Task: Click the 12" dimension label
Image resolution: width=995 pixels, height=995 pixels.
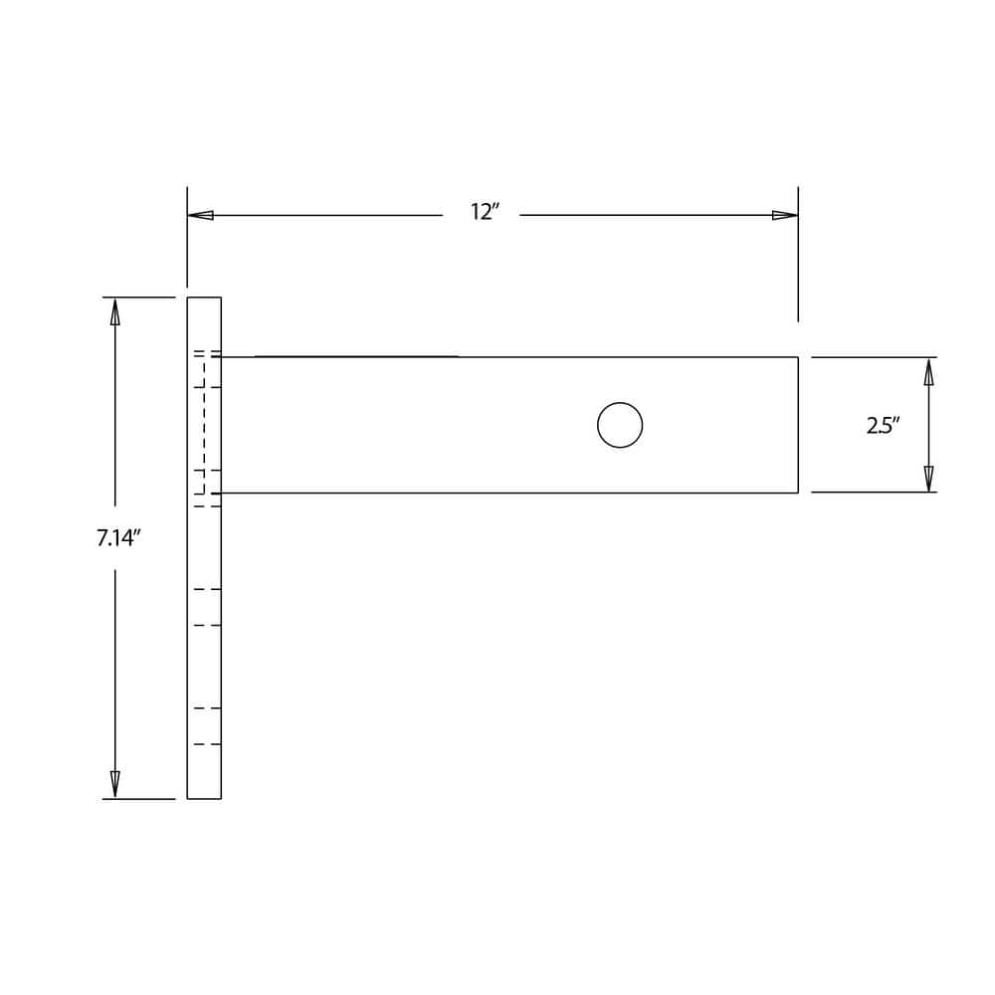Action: [484, 212]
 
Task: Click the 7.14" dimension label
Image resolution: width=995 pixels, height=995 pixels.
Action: [117, 538]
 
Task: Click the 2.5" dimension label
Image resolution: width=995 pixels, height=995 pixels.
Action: [883, 426]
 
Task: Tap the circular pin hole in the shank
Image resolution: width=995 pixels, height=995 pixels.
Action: [620, 425]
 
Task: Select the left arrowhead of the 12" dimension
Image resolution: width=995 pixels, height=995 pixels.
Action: [200, 215]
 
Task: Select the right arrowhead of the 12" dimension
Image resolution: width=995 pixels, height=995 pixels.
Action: [785, 215]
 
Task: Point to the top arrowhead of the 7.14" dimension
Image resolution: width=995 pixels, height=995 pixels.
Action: [115, 311]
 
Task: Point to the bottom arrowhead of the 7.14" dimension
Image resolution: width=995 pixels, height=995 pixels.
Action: [115, 784]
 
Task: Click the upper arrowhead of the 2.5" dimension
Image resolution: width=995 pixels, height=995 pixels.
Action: [928, 372]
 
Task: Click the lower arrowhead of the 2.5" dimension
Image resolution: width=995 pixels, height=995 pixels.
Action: [928, 479]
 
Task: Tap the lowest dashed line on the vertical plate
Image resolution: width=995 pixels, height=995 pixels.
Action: [207, 744]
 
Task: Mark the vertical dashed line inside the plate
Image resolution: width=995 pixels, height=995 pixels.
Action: [204, 423]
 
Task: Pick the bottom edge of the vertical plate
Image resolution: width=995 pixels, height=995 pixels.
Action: [204, 798]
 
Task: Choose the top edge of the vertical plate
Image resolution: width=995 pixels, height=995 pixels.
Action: [204, 298]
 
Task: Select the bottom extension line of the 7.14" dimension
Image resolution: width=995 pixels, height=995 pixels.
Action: [139, 798]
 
